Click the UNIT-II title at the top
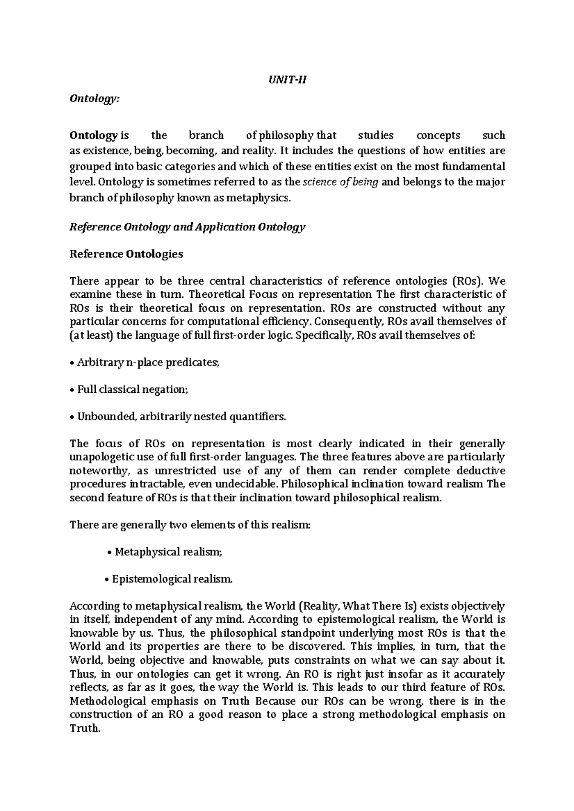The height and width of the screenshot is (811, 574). [287, 80]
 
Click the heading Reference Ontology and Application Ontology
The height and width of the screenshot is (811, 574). [188, 227]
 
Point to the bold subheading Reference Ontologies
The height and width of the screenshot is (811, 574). [126, 254]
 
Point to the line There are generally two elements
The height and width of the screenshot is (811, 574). [190, 525]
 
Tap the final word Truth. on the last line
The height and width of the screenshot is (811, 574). [85, 728]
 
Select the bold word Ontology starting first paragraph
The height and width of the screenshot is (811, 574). [93, 136]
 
